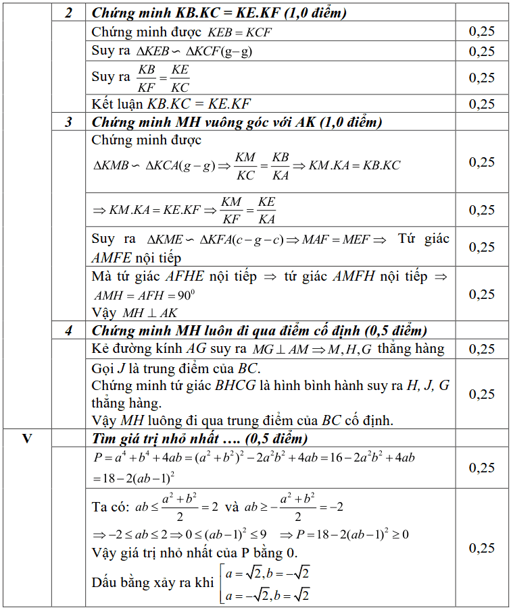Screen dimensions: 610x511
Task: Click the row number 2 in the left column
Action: tap(69, 13)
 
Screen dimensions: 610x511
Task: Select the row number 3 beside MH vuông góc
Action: tap(69, 122)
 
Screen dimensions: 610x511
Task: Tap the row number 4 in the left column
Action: tap(69, 331)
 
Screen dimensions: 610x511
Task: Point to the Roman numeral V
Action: tap(27, 438)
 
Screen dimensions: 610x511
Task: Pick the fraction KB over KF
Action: tap(146, 78)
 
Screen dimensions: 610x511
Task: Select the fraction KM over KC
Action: tap(245, 166)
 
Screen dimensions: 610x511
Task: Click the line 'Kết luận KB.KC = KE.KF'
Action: tap(171, 104)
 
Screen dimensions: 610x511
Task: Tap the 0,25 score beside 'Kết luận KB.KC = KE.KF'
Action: tap(481, 104)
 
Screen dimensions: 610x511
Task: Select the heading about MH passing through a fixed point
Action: tap(259, 331)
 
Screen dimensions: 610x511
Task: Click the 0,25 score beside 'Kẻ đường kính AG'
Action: tap(481, 349)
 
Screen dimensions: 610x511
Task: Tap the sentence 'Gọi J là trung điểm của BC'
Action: tap(175, 368)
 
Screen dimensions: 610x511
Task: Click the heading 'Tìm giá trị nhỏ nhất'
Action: tap(199, 438)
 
